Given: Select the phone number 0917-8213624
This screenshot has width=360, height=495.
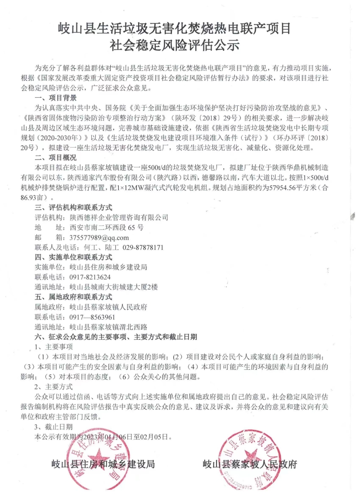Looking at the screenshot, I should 90,277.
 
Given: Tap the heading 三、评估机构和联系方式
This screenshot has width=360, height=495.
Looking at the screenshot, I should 73,208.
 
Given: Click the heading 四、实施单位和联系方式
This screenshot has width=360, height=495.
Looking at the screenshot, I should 73,257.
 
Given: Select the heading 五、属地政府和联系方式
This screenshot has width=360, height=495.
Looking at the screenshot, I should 73,297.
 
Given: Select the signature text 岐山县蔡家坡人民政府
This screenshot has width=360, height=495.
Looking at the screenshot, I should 250,464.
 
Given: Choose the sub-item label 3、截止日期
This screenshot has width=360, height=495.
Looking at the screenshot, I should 53,427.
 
